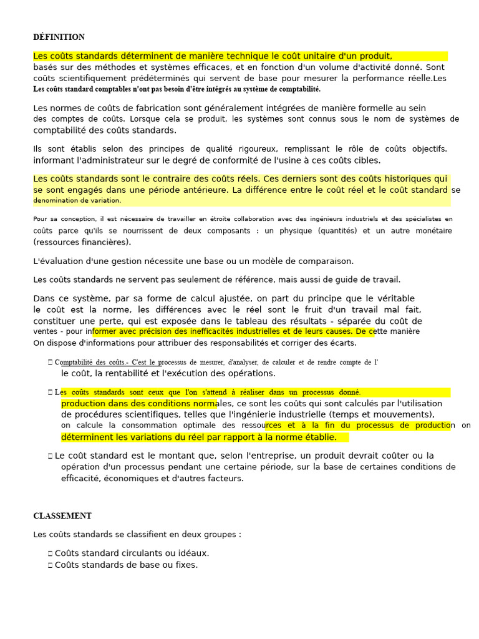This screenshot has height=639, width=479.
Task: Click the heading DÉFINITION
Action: point(59,37)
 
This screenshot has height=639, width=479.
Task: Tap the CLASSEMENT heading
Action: point(62,516)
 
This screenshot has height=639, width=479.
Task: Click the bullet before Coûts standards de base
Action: point(49,565)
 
